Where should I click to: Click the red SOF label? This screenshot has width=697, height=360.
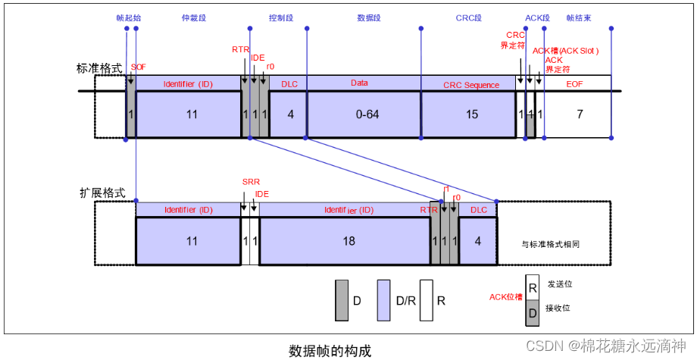tap(139, 67)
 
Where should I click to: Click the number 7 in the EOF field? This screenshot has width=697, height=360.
tap(579, 114)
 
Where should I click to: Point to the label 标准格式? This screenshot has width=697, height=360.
tap(99, 67)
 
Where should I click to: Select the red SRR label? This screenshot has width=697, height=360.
tap(250, 183)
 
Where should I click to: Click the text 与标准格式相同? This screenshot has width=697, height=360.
tap(555, 244)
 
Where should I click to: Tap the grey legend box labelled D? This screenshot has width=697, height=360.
tap(342, 300)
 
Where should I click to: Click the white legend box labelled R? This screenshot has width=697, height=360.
tap(427, 300)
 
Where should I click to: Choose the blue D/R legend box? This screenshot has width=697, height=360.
tap(384, 300)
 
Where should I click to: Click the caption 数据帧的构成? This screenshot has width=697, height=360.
tap(330, 350)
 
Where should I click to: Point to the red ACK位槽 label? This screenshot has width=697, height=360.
tap(506, 296)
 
